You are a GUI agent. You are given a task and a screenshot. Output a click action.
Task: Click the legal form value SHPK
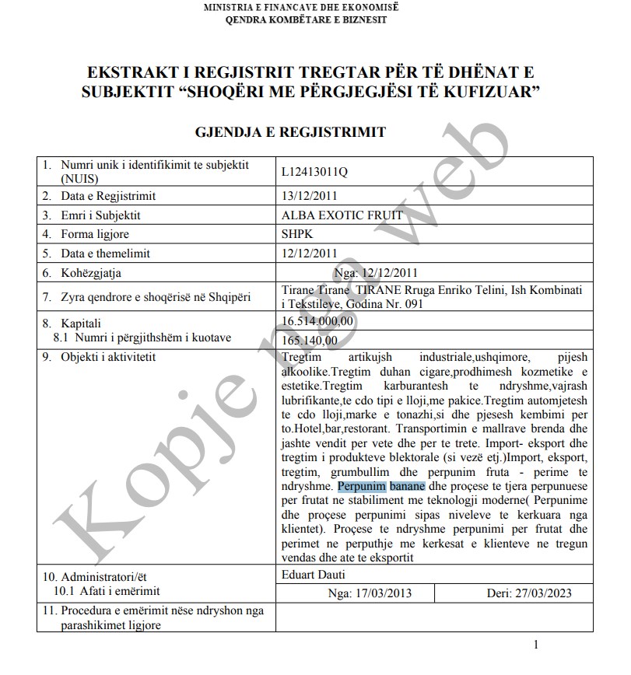[296, 234]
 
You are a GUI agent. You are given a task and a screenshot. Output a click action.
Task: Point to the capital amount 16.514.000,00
[317, 320]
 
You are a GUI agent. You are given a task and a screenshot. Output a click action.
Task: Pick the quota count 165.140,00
[310, 339]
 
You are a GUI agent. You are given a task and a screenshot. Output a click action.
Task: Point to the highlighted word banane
[407, 487]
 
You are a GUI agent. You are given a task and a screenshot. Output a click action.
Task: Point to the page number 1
[536, 644]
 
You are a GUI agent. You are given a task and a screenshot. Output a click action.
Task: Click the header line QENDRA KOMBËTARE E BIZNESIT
[306, 19]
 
